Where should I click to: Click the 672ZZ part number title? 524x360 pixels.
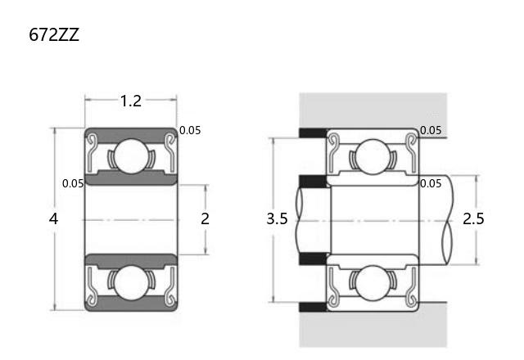tap(54, 34)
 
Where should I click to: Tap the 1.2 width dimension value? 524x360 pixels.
tap(131, 101)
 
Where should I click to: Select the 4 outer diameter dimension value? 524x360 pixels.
tap(53, 218)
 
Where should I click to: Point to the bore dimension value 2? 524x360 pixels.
tap(205, 218)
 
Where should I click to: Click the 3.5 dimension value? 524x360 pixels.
tap(277, 218)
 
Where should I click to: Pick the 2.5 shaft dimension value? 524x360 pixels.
tap(473, 218)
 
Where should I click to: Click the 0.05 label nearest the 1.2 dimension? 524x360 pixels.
tap(190, 130)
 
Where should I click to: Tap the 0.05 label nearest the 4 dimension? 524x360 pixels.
tap(73, 183)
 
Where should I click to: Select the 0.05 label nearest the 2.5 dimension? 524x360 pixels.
tap(431, 183)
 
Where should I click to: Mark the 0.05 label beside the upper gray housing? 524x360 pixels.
tap(431, 130)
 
